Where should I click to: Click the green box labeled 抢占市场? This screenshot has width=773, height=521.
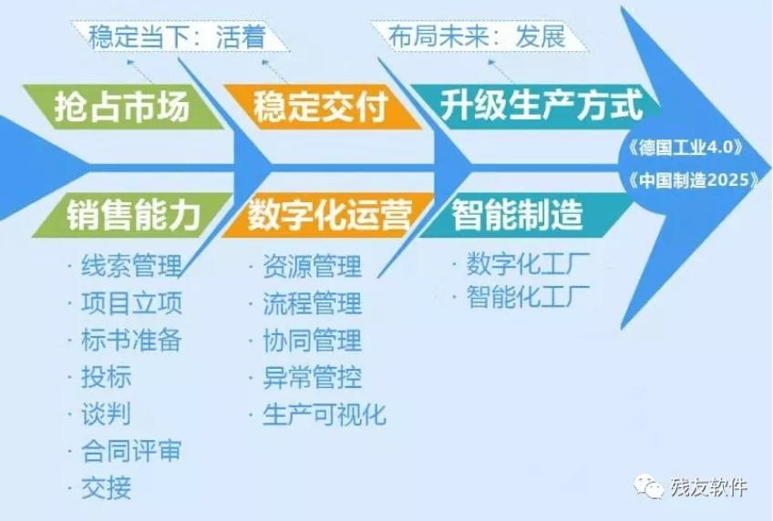tap(123, 107)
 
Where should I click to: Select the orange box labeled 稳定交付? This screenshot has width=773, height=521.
tap(323, 107)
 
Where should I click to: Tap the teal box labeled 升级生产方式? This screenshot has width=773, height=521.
tap(535, 106)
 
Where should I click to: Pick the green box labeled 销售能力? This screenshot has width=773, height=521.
tap(132, 215)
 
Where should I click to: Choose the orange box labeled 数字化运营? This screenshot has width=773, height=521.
tap(328, 215)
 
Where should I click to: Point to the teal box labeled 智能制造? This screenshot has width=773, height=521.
tap(525, 215)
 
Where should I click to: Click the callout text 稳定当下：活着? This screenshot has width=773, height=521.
tap(178, 37)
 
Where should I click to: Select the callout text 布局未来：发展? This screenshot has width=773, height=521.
tap(477, 36)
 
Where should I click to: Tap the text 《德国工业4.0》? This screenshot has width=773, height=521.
tap(685, 148)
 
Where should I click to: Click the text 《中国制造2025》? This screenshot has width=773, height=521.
tap(694, 180)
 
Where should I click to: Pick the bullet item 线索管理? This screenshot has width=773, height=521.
tap(131, 266)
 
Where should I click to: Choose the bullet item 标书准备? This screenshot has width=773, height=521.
tap(131, 341)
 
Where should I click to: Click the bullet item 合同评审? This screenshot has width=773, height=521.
tap(131, 451)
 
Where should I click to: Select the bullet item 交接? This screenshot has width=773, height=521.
tap(107, 488)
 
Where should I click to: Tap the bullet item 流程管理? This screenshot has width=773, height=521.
tap(313, 303)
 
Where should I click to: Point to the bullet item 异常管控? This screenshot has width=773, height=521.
tap(313, 378)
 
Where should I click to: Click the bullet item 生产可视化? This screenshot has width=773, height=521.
tap(325, 414)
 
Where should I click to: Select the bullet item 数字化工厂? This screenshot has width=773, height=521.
tap(528, 265)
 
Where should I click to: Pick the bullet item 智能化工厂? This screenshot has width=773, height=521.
tap(528, 297)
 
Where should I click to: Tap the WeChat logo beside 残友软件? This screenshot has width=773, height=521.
tap(649, 486)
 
